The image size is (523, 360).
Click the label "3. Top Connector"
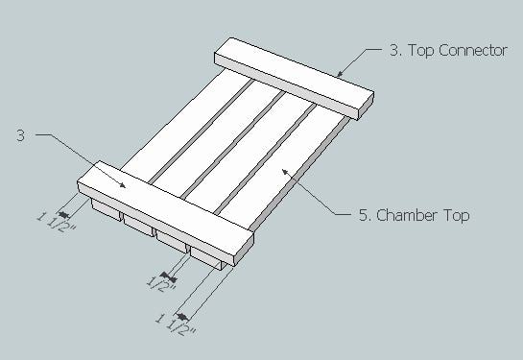pos(448,51)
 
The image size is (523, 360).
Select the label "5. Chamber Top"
pos(414,215)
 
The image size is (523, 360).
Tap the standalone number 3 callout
pos(21,135)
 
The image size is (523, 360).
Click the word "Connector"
pos(473,50)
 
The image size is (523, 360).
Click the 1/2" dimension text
pos(161,284)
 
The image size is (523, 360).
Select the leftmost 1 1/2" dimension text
pos(56,222)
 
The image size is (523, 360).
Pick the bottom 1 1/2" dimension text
pos(176,324)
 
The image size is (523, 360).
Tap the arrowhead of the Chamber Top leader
pos(285,172)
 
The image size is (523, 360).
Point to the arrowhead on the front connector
pos(122,185)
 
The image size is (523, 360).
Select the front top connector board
pos(165,213)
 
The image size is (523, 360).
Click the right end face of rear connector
pos(366,107)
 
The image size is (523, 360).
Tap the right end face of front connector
pos(245,250)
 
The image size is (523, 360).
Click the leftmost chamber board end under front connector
pos(106,210)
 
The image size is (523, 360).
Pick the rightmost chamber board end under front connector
pos(205,258)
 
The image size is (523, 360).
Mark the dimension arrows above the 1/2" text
pos(168,276)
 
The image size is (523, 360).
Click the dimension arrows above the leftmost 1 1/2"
pos(63,214)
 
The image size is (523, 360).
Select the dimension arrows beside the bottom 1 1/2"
pos(182,316)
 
